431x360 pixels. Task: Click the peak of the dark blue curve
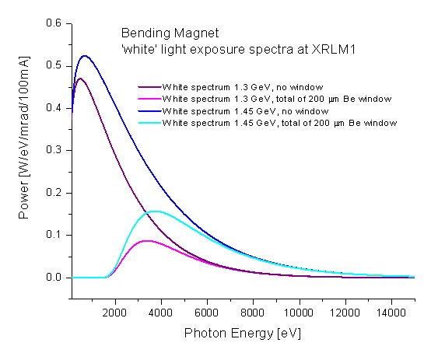click(x=85, y=56)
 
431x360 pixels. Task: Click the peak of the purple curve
click(x=79, y=78)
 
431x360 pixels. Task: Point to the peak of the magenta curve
click(x=146, y=241)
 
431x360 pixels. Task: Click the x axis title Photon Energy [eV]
click(x=241, y=333)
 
